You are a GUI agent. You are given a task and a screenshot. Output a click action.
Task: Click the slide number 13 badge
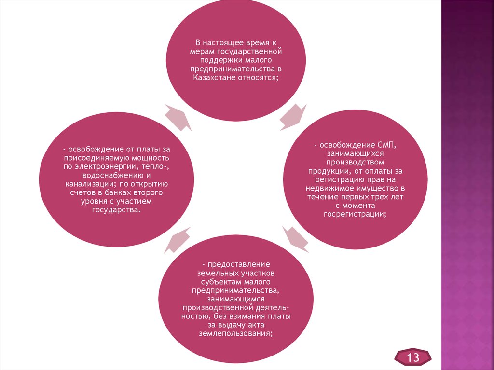coord(413,357)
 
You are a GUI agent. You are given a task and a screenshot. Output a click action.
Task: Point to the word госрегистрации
coord(355,214)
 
